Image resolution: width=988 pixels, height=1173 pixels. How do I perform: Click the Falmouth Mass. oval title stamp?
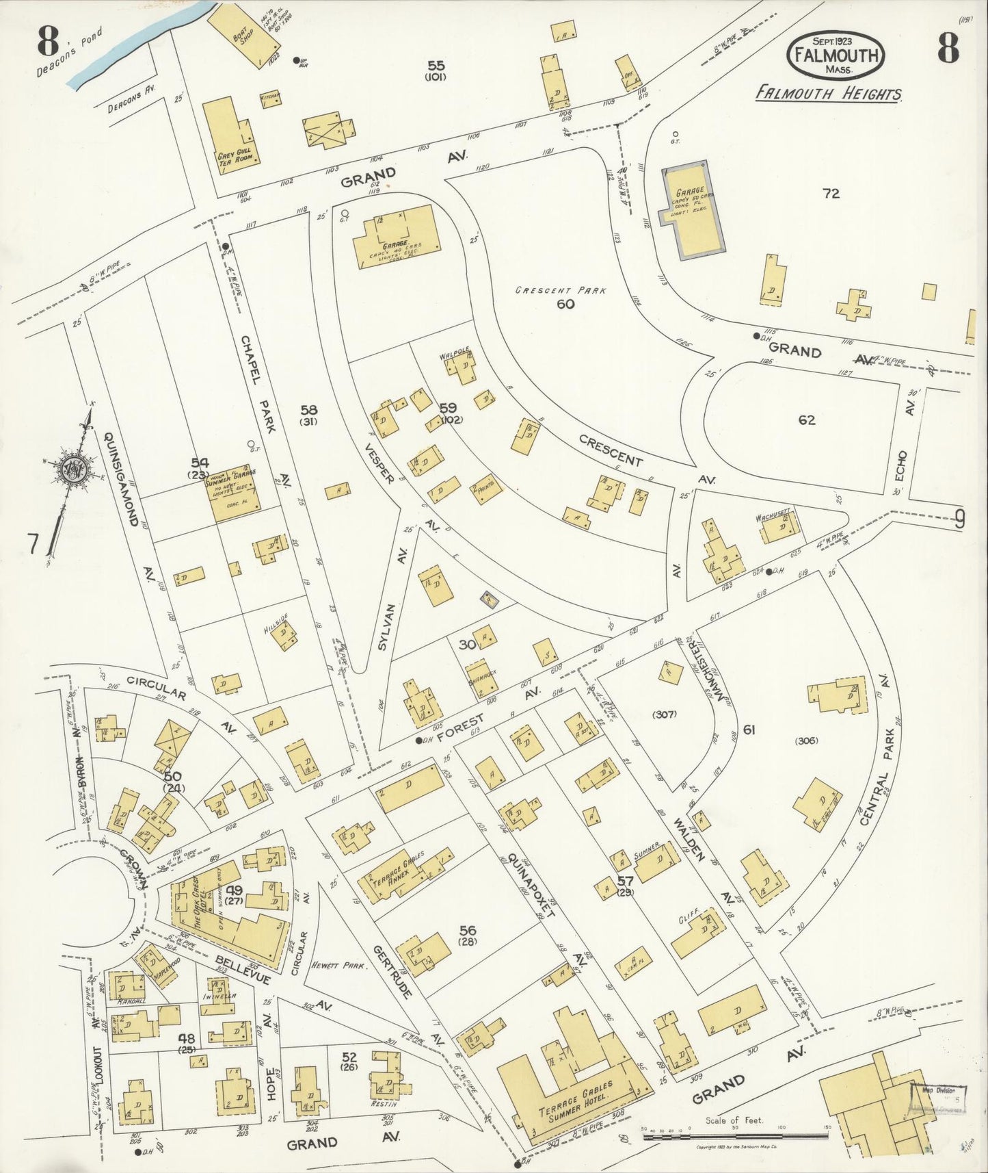[x=836, y=54]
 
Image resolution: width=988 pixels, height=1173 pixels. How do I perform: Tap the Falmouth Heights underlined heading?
[x=828, y=94]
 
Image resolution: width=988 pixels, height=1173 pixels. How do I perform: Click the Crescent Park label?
[x=561, y=290]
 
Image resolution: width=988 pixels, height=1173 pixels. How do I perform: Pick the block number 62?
[x=807, y=420]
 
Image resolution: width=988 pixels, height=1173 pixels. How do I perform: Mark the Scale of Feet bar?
[x=735, y=1136]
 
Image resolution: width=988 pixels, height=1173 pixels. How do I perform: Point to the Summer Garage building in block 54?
[x=235, y=491]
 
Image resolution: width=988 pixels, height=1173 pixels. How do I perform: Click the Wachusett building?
[x=779, y=527]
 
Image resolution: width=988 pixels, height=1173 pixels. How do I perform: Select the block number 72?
[x=831, y=194]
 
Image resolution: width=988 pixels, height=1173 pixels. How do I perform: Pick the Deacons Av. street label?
[x=132, y=103]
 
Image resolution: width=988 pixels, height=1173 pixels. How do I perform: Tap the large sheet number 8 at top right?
[x=947, y=47]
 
